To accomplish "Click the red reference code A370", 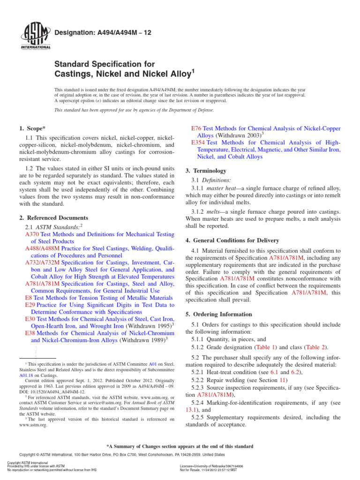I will click(32, 234).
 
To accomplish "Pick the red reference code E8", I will click(29, 298).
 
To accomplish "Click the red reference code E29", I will click(30, 305).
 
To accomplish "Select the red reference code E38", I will click(30, 332).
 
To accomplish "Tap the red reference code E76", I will click(198, 128).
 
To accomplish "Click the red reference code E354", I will click(199, 142).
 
